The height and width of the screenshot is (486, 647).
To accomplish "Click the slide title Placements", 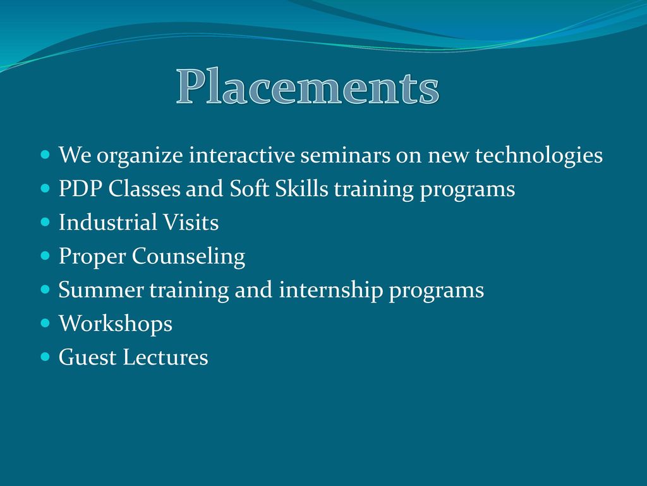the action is point(308,86).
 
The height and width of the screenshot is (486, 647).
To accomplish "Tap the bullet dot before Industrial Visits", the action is point(45,222).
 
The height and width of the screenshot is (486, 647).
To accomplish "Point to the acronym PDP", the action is point(80,189).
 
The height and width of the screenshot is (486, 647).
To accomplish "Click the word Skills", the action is point(301,189).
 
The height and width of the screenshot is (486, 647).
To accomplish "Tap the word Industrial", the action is point(107,222).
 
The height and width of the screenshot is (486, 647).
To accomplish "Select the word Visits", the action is point(191,222).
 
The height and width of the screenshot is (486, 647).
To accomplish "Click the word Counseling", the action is point(188,257).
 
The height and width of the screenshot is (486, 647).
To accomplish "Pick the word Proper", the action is point(92,257).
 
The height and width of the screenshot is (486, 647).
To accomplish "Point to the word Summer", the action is point(101,290).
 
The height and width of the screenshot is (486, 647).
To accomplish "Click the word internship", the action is point(331,290).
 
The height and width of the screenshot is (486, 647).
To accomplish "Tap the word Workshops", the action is point(116,324).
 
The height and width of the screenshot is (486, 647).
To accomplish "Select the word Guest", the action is point(87,357).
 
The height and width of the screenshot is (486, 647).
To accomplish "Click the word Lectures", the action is point(166,357).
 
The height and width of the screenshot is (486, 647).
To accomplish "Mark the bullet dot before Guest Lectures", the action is point(45,357).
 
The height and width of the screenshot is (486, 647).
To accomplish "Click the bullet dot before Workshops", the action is point(45,323).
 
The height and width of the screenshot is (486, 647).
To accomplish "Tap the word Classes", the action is point(145,189).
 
